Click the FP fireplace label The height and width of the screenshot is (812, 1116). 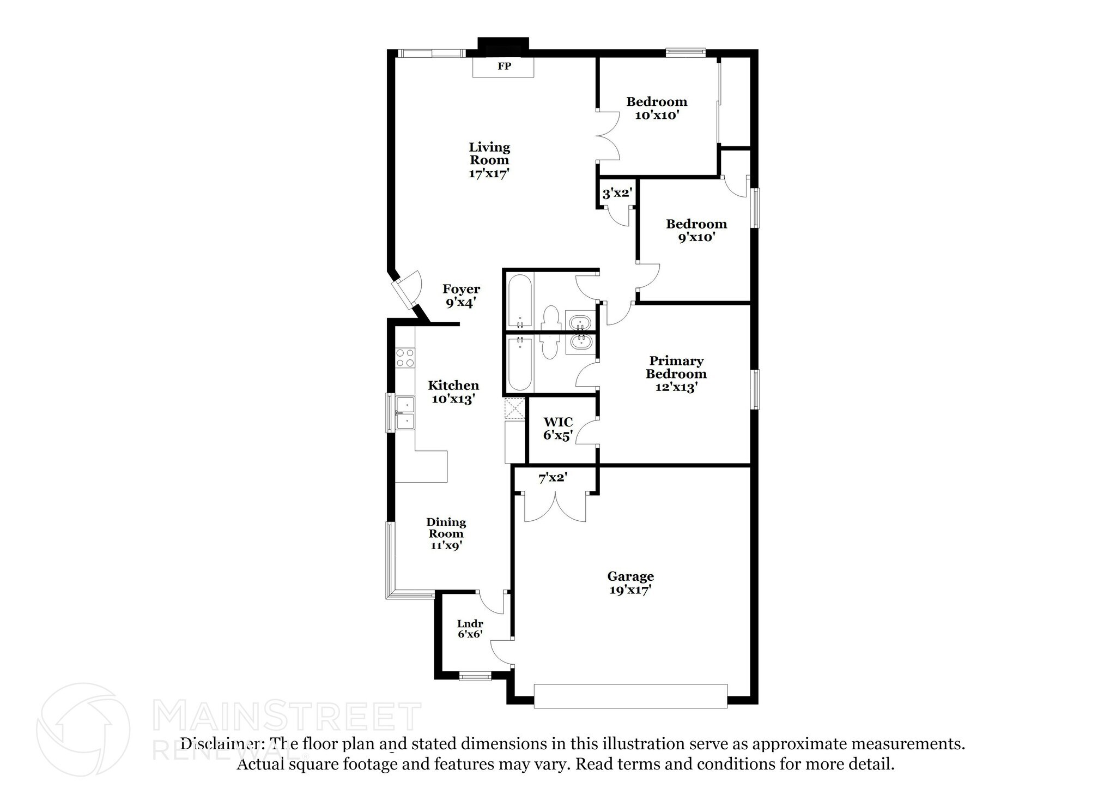coord(504,67)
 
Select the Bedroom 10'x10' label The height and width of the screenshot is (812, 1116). coord(657,109)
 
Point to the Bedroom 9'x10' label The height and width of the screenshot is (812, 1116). coord(696,231)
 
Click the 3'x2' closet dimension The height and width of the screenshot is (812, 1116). coord(617,193)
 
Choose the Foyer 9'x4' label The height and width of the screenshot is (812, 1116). coord(461,296)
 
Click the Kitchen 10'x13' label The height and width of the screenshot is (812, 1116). coord(453,392)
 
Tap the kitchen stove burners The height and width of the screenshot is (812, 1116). coord(405,358)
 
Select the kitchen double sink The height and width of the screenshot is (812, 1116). coord(405,413)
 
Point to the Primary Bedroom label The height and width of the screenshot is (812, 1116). coord(676,374)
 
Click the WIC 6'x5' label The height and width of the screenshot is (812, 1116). coord(558,429)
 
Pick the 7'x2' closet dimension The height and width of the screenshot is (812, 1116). coord(553,478)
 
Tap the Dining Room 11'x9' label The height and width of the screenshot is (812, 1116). coord(446,534)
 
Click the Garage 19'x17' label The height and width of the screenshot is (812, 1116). coord(630,583)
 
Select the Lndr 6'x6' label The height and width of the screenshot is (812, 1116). coord(470,629)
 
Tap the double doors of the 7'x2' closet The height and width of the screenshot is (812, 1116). coord(555,507)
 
